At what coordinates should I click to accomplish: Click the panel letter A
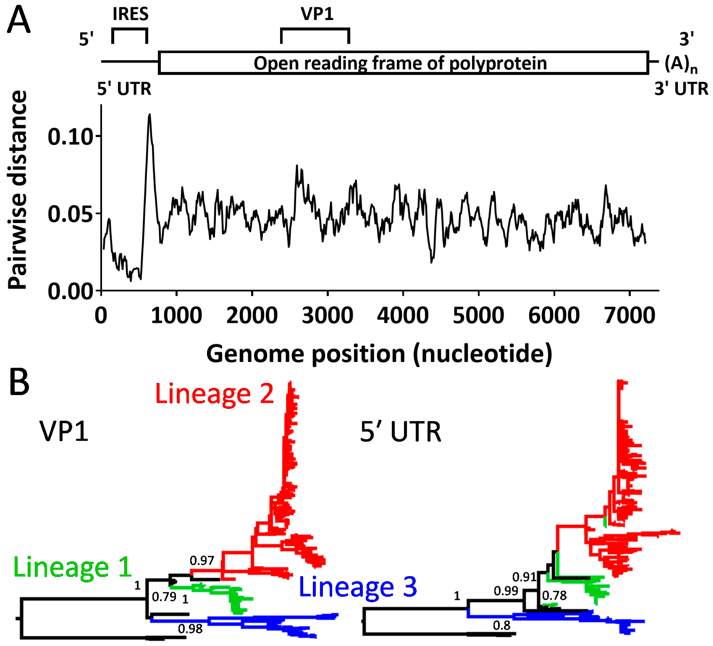[x=19, y=20]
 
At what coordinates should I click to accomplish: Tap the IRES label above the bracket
[x=131, y=14]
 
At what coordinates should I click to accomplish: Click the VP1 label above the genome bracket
[x=317, y=14]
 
